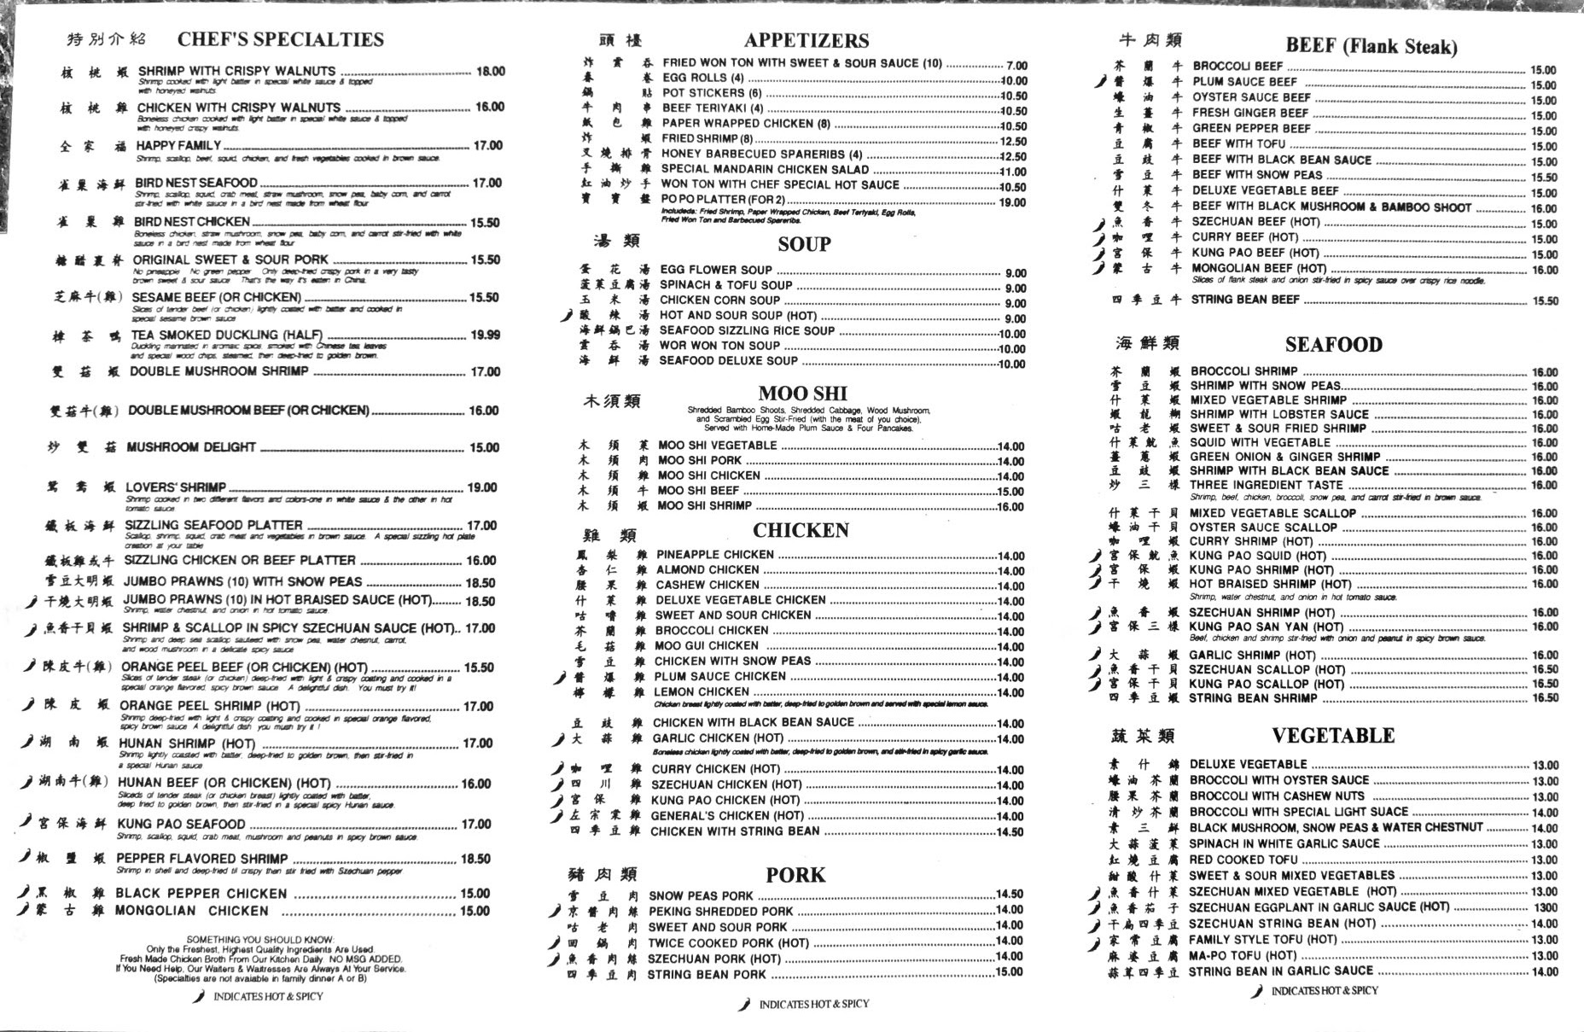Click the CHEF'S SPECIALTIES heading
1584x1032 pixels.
(280, 39)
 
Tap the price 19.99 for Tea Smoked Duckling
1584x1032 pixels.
(485, 335)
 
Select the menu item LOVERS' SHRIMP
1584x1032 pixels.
(176, 487)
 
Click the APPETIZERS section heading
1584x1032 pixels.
(806, 40)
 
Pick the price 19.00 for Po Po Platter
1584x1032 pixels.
(1012, 202)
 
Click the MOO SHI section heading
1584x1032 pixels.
(802, 394)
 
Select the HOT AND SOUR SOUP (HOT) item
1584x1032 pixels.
(737, 315)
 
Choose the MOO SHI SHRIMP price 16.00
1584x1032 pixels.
(1010, 507)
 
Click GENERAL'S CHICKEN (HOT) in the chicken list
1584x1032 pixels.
(727, 816)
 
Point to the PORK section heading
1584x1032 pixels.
(795, 875)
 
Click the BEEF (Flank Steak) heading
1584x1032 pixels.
(1371, 46)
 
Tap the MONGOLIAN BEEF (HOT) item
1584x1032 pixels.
(1259, 268)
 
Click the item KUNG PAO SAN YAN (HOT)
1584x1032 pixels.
(1266, 627)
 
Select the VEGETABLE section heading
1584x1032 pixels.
(1333, 736)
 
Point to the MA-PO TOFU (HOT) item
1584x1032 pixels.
(1242, 955)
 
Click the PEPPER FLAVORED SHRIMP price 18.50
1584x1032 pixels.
(475, 859)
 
